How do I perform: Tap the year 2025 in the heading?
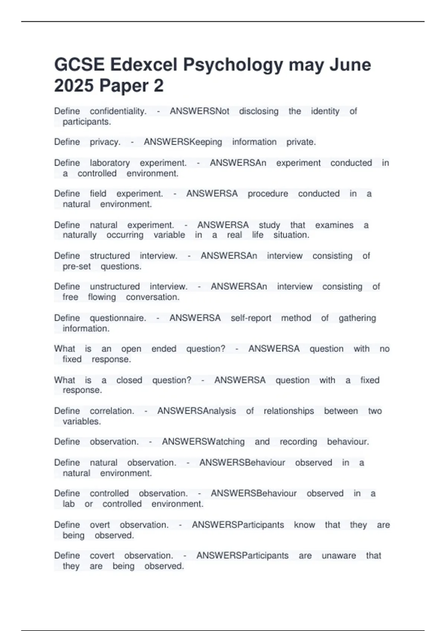(74, 86)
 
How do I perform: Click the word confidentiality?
(118, 111)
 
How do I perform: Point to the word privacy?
(105, 142)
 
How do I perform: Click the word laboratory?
(110, 163)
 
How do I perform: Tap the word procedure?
(268, 194)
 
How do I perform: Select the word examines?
(334, 225)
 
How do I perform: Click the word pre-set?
(77, 267)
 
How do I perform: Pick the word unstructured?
(114, 287)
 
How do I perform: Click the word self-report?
(251, 318)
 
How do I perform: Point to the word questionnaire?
(117, 318)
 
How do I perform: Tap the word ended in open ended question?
(164, 349)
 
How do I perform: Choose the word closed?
(129, 380)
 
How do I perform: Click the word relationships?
(288, 411)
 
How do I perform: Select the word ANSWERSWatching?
(203, 442)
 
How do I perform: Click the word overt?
(100, 525)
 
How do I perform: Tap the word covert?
(102, 556)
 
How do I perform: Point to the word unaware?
(339, 556)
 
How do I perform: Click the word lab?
(69, 504)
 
